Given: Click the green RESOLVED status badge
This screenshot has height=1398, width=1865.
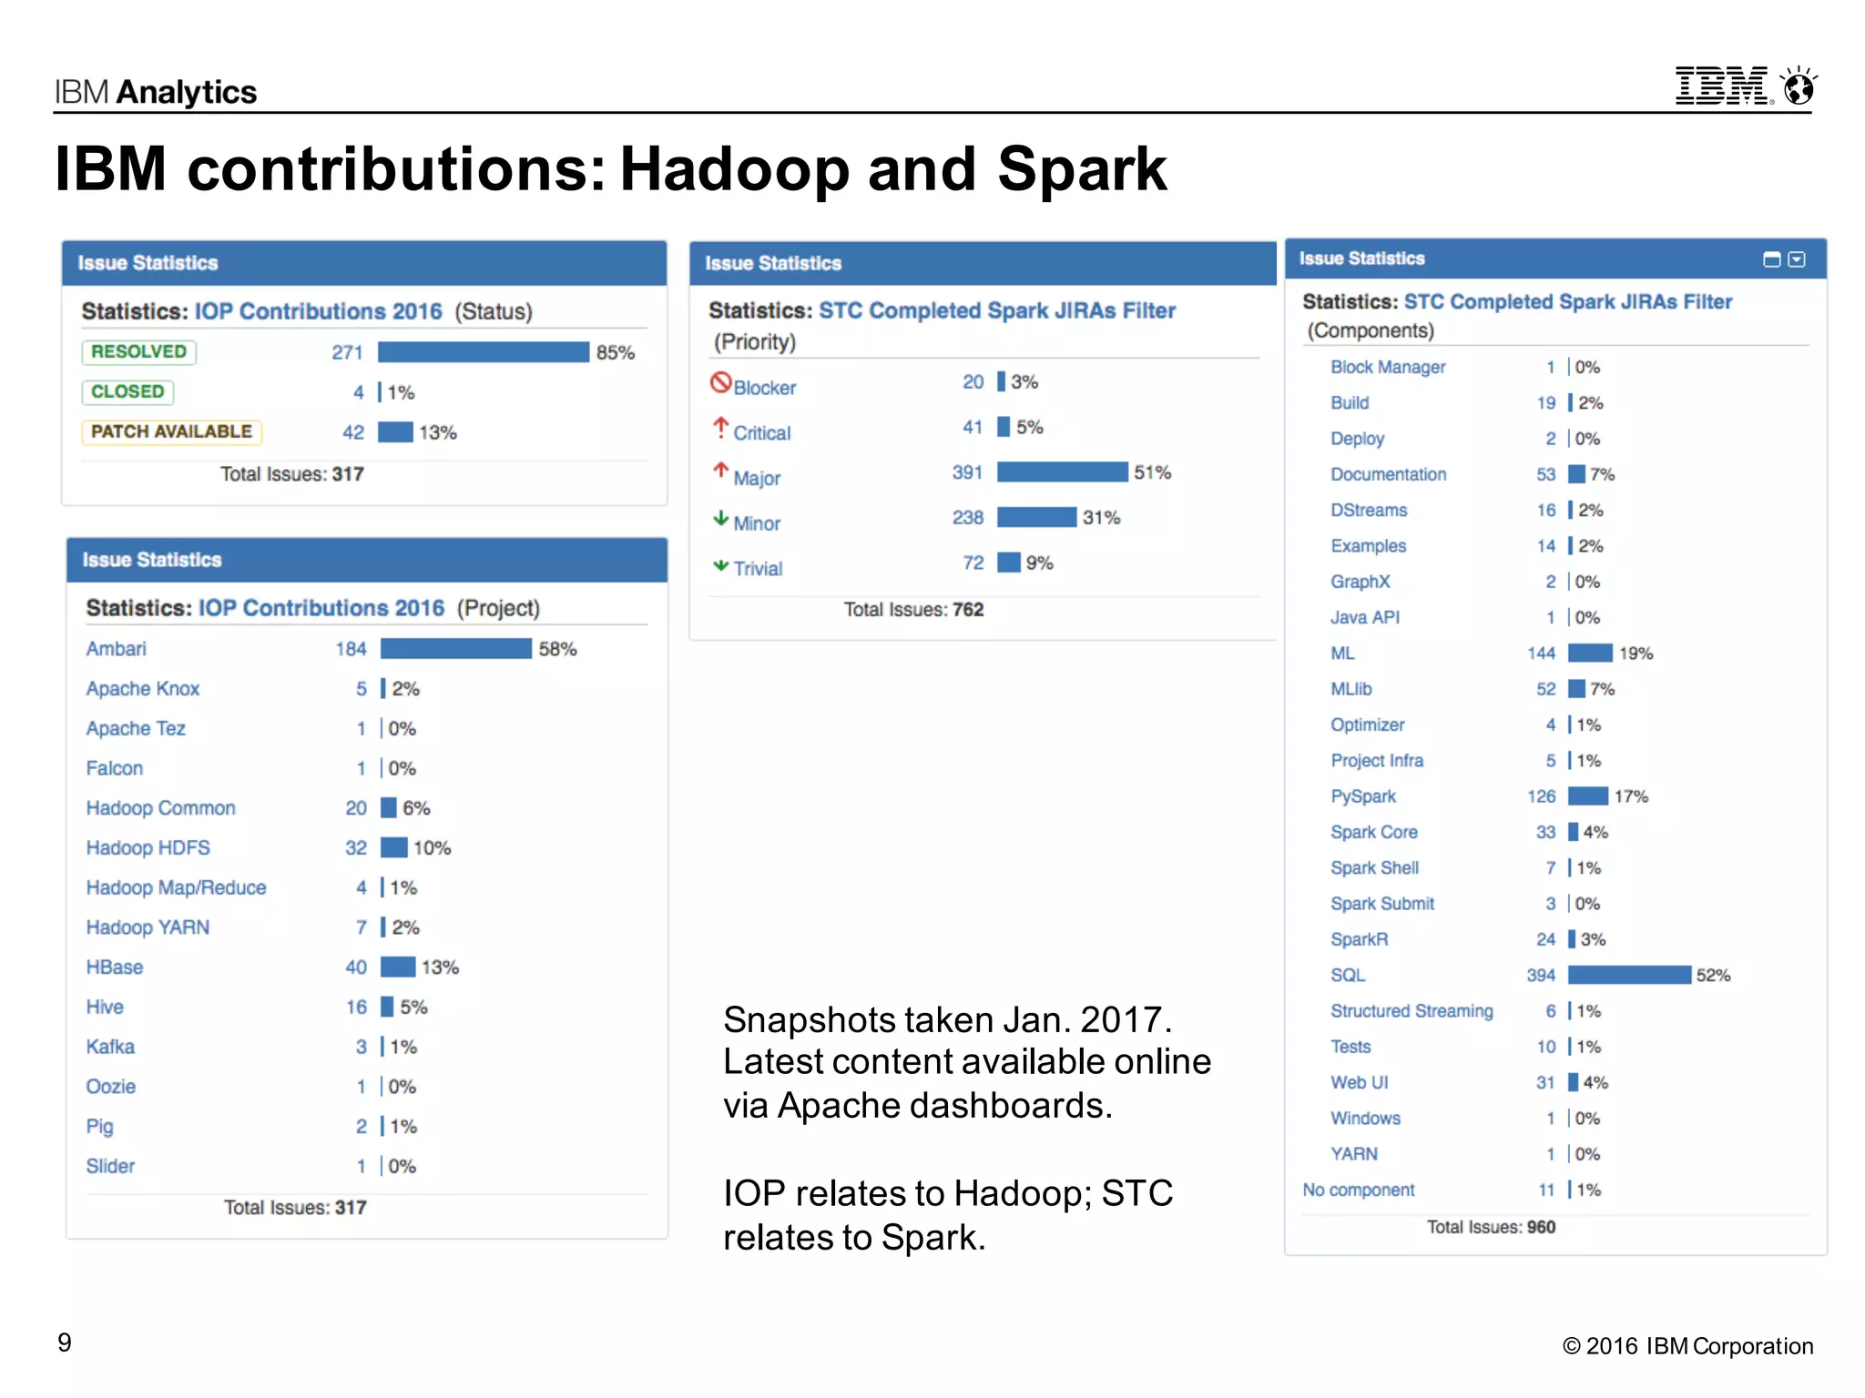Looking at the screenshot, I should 138,352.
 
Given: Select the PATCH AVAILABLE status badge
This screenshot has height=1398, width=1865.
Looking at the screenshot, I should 171,431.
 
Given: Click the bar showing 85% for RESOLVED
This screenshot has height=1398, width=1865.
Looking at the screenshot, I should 484,352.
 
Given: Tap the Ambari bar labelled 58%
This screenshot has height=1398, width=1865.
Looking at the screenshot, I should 455,649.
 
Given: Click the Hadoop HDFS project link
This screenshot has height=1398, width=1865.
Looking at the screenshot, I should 148,848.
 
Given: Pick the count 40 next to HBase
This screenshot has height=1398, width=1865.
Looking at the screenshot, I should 356,967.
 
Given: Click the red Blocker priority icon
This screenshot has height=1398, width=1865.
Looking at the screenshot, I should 720,383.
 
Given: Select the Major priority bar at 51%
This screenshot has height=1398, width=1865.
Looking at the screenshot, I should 1062,472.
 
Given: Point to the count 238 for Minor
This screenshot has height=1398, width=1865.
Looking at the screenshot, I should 967,518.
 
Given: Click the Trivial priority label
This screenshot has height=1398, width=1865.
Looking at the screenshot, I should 758,569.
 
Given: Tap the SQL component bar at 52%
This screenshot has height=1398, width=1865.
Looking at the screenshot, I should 1629,976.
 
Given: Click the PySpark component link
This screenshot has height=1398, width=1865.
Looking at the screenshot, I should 1362,796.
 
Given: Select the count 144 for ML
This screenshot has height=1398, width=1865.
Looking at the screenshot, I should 1541,653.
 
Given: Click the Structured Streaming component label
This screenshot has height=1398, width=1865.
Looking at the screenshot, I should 1411,1011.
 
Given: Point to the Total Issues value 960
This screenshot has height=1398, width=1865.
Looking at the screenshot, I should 1541,1227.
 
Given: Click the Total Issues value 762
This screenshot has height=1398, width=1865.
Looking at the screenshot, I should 968,610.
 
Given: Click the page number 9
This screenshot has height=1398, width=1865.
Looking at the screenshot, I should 65,1342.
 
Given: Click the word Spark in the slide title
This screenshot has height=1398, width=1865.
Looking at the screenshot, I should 1082,169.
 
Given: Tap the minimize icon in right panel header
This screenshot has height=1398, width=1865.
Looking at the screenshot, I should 1771,260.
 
